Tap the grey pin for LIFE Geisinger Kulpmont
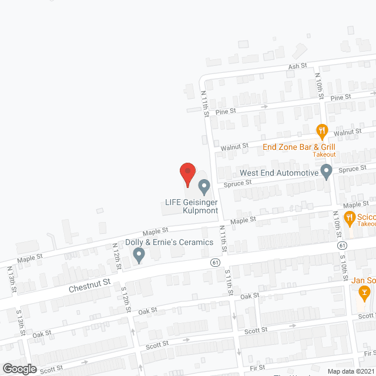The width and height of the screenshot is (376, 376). [204, 187]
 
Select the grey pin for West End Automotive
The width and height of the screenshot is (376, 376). [327, 172]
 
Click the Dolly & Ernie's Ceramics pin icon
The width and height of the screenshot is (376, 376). [139, 255]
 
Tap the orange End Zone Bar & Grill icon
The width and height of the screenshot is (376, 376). [321, 130]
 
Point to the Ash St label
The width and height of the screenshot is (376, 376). [294, 67]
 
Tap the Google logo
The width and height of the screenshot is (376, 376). [19, 368]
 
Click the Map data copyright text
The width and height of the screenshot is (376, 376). [351, 371]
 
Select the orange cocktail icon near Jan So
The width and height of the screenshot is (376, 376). [364, 291]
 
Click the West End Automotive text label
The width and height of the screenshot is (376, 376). [278, 173]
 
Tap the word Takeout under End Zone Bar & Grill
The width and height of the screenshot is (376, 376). [324, 155]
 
